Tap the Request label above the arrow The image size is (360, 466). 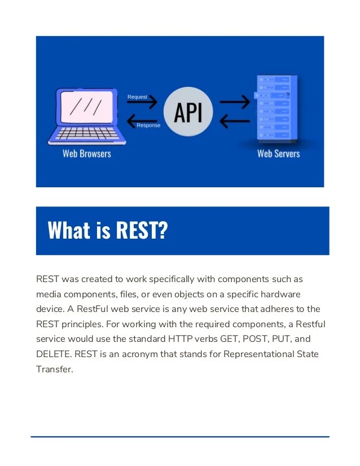pos(137,96)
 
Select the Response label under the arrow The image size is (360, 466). pos(148,125)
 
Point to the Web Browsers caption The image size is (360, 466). pos(86,153)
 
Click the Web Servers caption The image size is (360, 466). pos(278,153)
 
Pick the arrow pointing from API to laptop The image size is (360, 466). pos(143,119)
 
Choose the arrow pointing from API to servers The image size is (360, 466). pos(234,102)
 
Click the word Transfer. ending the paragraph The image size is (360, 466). pos(55,369)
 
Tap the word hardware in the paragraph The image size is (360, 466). pos(280,294)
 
